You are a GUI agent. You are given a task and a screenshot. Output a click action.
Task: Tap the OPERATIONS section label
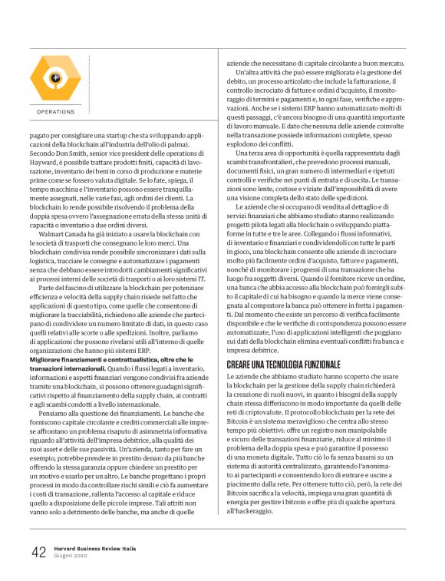(55, 111)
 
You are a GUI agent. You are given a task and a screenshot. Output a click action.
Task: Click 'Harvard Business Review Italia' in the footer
(94, 548)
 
